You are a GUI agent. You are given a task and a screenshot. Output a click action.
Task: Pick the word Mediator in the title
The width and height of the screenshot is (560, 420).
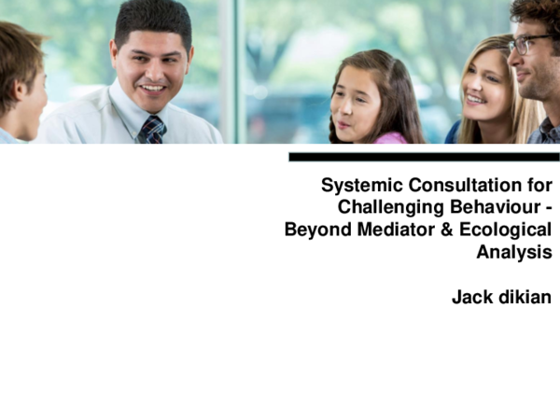[x=393, y=230]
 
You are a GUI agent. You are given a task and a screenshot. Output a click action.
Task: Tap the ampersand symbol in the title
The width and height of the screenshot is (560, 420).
[x=445, y=230]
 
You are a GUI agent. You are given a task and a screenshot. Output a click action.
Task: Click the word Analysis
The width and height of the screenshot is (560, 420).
[x=514, y=252]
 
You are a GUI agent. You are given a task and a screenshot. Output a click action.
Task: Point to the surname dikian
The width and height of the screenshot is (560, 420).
[x=524, y=298]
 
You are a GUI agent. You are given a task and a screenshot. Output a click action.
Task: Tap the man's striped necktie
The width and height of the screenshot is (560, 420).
[x=151, y=130]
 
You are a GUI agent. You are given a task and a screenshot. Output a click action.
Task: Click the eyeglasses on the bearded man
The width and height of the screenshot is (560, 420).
[x=527, y=43]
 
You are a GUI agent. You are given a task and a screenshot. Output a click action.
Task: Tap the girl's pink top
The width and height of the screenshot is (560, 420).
[x=392, y=138]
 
